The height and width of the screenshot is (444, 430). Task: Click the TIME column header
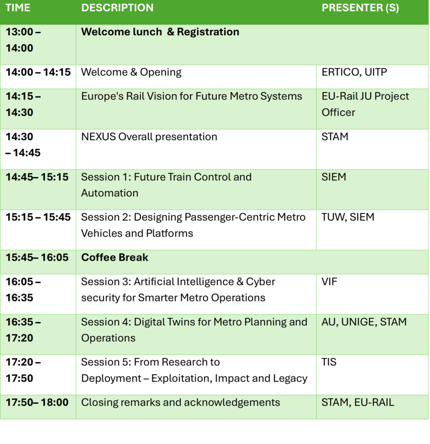(x=18, y=8)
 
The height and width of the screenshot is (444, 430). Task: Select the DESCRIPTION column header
(x=117, y=8)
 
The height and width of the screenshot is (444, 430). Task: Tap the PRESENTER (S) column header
(x=360, y=8)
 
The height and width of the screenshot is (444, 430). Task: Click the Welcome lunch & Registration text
(x=160, y=32)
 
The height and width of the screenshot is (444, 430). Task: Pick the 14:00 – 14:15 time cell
(x=38, y=72)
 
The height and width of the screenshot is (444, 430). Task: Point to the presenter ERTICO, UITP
(x=354, y=72)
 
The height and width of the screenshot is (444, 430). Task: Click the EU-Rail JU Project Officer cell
(x=365, y=104)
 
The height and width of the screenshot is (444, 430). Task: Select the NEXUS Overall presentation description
(x=149, y=137)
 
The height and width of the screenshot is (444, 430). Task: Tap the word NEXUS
(x=98, y=137)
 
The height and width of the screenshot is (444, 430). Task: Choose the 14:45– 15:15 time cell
(x=37, y=177)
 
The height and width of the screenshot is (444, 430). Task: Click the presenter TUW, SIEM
(x=348, y=217)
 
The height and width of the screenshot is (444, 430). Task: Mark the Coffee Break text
(x=115, y=258)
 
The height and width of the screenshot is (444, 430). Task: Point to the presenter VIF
(x=329, y=282)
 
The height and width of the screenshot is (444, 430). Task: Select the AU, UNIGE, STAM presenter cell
(x=364, y=322)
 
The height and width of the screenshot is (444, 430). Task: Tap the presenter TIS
(x=329, y=362)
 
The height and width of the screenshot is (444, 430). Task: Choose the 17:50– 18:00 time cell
(x=37, y=402)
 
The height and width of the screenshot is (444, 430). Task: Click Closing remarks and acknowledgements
(x=181, y=402)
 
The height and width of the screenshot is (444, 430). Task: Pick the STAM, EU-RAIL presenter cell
(x=358, y=402)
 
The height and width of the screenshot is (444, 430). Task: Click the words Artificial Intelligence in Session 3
(x=184, y=282)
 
